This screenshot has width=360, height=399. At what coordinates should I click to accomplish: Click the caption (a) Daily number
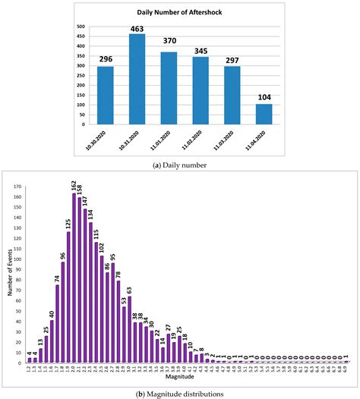(x=180, y=163)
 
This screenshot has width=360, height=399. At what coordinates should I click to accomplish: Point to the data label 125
(x=68, y=220)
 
